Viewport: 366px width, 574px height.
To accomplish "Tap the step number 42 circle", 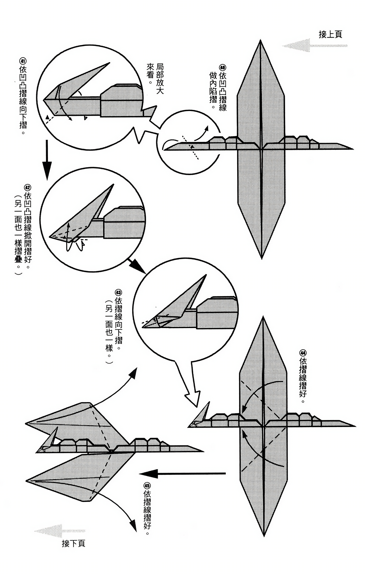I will pos(28,187).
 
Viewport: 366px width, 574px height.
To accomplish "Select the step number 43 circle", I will pos(118,292).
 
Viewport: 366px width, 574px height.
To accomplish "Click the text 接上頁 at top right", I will pos(330,35).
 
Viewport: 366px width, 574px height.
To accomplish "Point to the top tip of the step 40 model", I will pos(260,41).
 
